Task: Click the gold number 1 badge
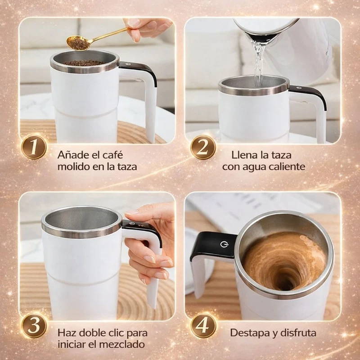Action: tap(34, 147)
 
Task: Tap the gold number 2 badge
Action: tap(203, 147)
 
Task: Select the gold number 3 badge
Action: tap(34, 325)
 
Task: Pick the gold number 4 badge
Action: tap(203, 325)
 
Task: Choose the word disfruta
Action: tap(298, 333)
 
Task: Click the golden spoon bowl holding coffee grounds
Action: tap(78, 43)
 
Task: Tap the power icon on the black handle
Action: tap(224, 244)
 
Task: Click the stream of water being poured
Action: tap(259, 62)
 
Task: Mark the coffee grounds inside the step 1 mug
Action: tap(84, 63)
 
